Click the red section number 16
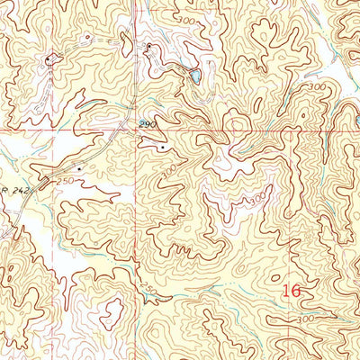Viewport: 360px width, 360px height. coord(290,291)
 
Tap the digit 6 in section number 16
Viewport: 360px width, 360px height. coord(294,291)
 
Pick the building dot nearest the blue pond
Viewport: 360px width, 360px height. coord(148,45)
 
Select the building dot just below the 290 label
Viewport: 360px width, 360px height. coord(162,147)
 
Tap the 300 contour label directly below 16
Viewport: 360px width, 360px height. coord(305,319)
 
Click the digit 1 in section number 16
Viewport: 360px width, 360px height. coord(284,291)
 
